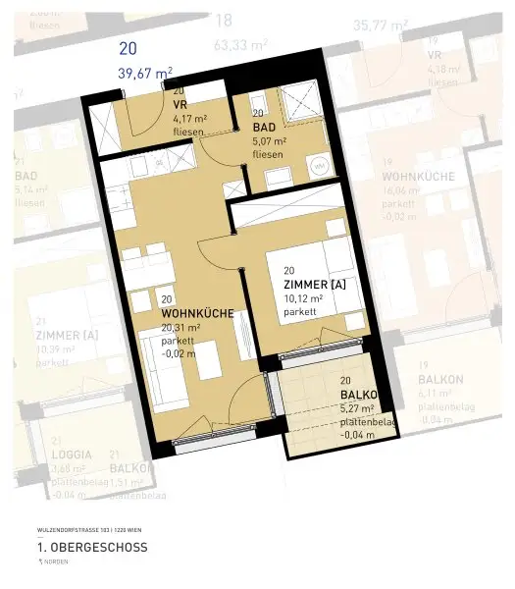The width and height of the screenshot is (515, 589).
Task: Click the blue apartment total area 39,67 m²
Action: click(x=145, y=72)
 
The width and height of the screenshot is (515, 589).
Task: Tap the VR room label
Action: click(x=180, y=104)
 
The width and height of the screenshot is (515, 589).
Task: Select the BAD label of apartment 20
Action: click(x=265, y=128)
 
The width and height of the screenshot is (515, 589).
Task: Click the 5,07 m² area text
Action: click(x=269, y=141)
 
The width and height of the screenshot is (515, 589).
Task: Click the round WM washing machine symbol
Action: click(x=319, y=167)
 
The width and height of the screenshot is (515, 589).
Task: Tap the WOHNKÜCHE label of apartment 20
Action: click(x=196, y=313)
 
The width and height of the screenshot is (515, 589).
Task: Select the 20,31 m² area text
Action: click(x=180, y=327)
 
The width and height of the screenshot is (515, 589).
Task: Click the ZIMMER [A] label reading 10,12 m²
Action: click(x=315, y=284)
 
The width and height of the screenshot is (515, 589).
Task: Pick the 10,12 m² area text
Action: click(x=302, y=297)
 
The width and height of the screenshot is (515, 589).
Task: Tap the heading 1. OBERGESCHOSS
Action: click(x=92, y=547)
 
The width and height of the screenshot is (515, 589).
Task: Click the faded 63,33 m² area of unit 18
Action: click(x=241, y=44)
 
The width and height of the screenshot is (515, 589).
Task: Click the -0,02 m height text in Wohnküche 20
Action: click(x=178, y=354)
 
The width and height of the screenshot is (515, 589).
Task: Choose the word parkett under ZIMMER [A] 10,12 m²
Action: click(x=300, y=311)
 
